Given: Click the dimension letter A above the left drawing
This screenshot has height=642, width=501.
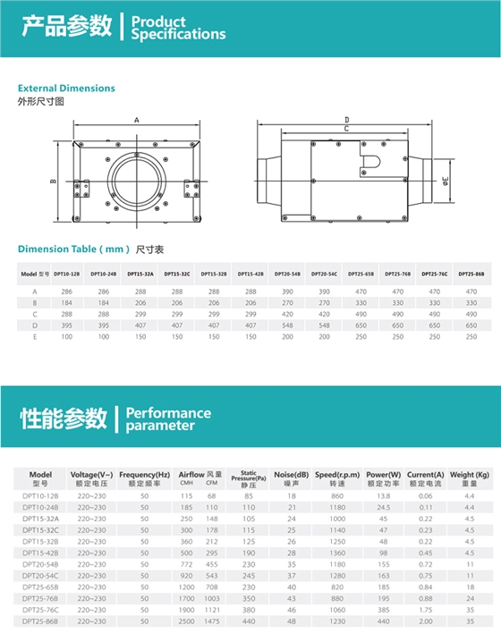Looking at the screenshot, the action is point(137,119).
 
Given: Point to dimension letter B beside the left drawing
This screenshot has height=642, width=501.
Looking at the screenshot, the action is point(54,182).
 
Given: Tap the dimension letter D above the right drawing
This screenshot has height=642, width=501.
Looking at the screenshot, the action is point(345,119).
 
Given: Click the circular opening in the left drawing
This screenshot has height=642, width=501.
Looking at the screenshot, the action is point(137,179).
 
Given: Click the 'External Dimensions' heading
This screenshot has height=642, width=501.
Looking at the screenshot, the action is point(66,89).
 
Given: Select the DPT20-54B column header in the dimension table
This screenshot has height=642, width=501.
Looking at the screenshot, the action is point(289,274).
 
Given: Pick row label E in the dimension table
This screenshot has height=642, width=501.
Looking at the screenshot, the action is point(35,336).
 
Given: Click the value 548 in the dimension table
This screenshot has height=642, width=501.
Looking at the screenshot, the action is point(289,325).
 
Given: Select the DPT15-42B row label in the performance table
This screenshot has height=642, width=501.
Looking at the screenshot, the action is point(40,553).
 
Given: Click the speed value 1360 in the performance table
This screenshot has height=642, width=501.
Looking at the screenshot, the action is point(336,553).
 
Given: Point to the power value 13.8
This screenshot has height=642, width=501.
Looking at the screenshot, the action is point(384,494).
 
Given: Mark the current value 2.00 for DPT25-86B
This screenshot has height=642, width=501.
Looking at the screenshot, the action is point(426,620).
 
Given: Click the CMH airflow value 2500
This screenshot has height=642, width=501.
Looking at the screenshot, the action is point(186,620).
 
